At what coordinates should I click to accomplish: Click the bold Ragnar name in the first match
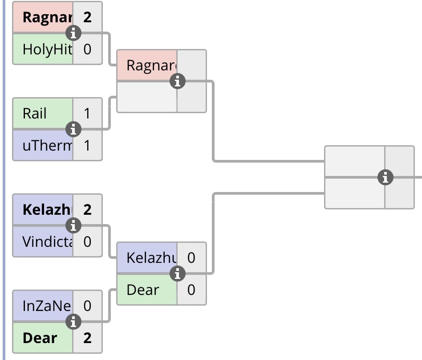click(x=47, y=17)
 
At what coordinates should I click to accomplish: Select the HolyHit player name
click(x=47, y=49)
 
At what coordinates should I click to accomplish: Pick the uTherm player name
click(x=47, y=146)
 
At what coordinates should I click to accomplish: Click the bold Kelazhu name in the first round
click(x=47, y=209)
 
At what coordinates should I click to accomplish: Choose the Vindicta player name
click(x=47, y=241)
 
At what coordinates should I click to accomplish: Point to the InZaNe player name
click(x=47, y=306)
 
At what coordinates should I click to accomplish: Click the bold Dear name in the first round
click(x=40, y=338)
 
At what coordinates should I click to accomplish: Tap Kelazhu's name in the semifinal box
click(x=151, y=258)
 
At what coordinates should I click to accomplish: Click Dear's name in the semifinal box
click(x=143, y=290)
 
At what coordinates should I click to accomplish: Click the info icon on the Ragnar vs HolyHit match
click(x=73, y=33)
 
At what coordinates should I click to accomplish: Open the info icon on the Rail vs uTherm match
click(x=73, y=130)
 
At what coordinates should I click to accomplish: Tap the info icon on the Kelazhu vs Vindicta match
click(x=73, y=225)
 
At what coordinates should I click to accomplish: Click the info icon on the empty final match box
click(x=385, y=177)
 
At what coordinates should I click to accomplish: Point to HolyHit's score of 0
click(x=87, y=49)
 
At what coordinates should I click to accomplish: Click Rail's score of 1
click(x=87, y=114)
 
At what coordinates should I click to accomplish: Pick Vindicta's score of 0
click(x=87, y=241)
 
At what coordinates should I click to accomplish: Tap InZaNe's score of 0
click(x=87, y=306)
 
